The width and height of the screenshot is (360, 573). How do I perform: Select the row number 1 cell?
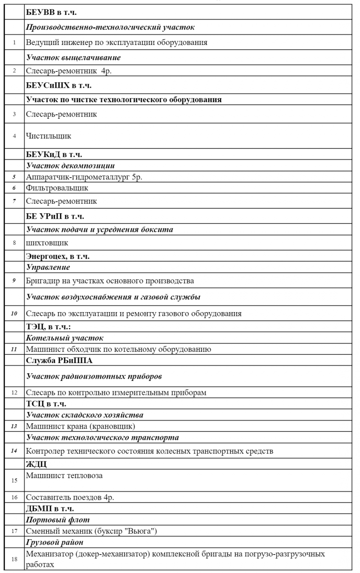click(14, 43)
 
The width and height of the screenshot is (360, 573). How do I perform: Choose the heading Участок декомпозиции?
click(70, 166)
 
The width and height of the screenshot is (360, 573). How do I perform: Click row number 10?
click(14, 313)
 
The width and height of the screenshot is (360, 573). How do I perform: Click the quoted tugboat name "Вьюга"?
click(142, 532)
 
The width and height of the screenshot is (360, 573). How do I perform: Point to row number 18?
click(14, 559)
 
